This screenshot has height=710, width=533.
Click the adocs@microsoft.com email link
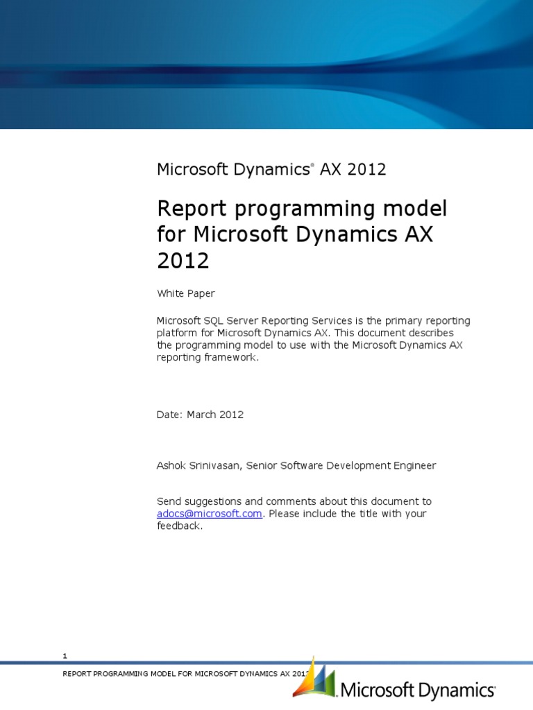210,514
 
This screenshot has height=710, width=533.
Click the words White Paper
185,293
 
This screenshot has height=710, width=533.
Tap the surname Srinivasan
213,466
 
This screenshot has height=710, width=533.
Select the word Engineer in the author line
414,466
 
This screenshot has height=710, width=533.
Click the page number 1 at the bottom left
65,656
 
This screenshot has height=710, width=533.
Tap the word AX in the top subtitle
330,169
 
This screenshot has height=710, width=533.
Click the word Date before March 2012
169,415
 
